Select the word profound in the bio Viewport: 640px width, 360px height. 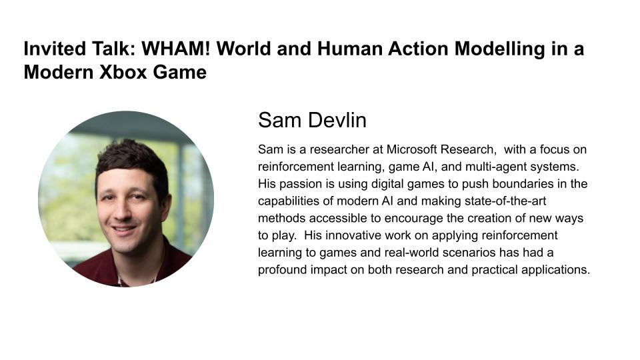pos(281,270)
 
